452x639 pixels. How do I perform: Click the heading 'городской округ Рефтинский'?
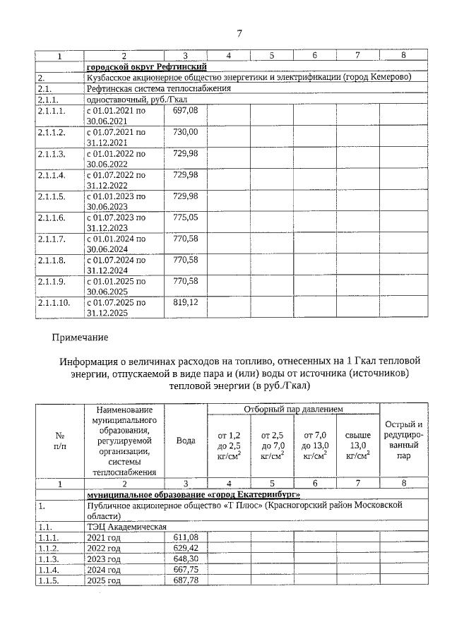coord(146,66)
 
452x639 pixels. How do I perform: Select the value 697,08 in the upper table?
coord(186,111)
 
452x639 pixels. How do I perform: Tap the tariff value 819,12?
coord(186,301)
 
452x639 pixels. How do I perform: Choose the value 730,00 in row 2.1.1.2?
coord(186,132)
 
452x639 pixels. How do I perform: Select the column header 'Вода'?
coord(186,440)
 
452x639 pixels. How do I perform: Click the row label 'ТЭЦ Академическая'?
coord(126,527)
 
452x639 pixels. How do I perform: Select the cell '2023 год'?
coord(103,559)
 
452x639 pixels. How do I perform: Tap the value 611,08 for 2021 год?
coord(186,537)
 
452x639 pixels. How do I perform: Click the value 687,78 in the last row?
coord(186,580)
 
